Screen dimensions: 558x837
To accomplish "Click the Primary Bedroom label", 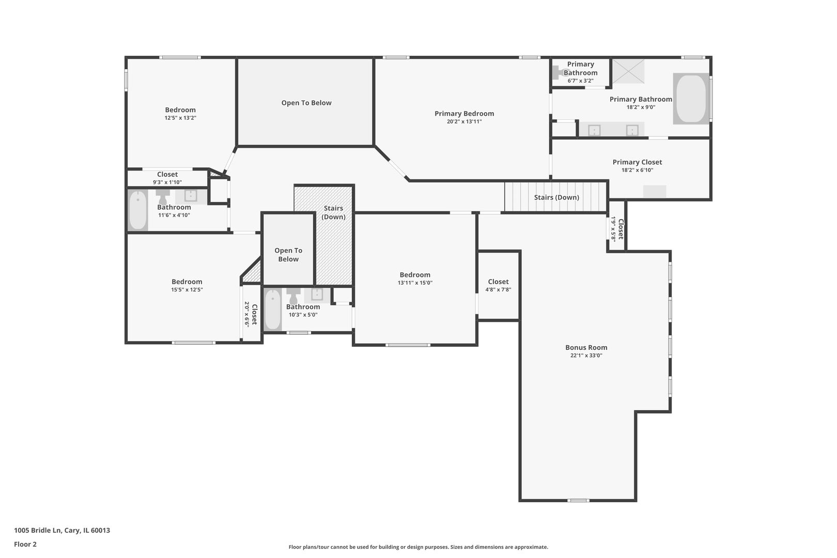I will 464,114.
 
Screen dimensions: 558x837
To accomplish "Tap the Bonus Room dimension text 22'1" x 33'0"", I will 586,355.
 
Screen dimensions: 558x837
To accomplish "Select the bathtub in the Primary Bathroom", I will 691,99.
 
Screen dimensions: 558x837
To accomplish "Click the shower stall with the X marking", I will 628,71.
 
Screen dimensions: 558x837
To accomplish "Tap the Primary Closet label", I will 637,162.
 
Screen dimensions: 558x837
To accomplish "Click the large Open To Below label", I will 306,103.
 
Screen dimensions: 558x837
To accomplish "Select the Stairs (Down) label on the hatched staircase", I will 333,212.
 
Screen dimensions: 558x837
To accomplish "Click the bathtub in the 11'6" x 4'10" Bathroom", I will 138,210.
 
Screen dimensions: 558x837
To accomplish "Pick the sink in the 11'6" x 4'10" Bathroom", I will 191,196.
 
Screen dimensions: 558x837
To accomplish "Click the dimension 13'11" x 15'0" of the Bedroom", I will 415,283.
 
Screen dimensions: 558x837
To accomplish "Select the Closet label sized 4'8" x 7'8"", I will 498,282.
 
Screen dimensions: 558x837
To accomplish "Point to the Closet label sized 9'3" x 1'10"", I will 167,175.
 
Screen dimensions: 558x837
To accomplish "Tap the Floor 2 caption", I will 25,544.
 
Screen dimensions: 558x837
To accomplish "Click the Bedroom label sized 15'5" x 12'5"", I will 187,282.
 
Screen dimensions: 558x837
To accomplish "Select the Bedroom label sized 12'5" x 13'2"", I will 180,110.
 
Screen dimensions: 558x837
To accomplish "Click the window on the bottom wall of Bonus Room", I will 578,500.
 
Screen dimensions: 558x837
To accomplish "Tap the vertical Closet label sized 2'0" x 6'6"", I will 254,315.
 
